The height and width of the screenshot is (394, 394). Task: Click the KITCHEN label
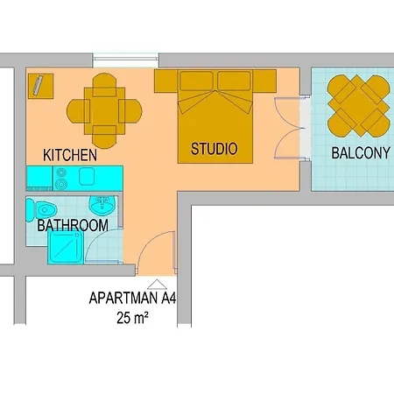(x=69, y=155)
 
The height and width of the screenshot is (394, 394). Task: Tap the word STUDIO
(x=214, y=149)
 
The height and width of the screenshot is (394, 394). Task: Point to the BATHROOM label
(x=73, y=225)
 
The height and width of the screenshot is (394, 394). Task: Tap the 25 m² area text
(x=131, y=319)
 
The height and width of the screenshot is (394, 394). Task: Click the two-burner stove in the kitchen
(x=63, y=179)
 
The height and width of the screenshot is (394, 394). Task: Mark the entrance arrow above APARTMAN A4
(x=157, y=284)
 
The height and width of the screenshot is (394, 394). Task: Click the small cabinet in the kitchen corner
(x=40, y=86)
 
